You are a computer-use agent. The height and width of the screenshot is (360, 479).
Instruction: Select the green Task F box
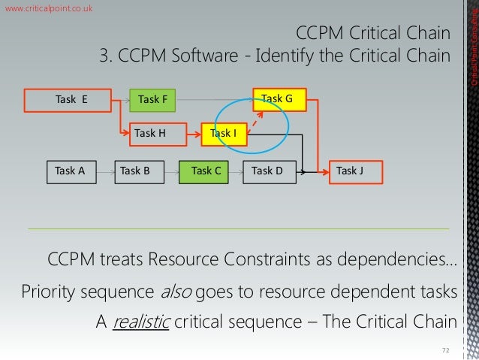point(152,99)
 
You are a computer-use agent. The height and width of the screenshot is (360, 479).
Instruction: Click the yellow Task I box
point(223,134)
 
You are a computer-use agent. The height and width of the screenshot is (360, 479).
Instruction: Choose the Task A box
point(69,171)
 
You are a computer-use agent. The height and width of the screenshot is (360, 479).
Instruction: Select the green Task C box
point(205,171)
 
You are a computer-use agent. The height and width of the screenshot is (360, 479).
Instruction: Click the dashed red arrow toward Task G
point(257,123)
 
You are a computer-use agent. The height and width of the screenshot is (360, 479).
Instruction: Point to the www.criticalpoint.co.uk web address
point(49,8)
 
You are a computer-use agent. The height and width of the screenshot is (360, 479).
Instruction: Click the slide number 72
point(444,350)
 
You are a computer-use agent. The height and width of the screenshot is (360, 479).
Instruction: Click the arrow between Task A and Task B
point(107,171)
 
